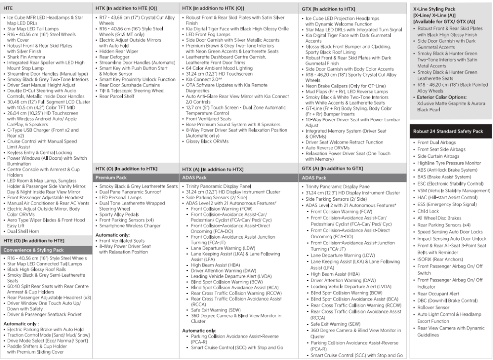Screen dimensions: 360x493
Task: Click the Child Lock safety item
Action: point(428,211)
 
